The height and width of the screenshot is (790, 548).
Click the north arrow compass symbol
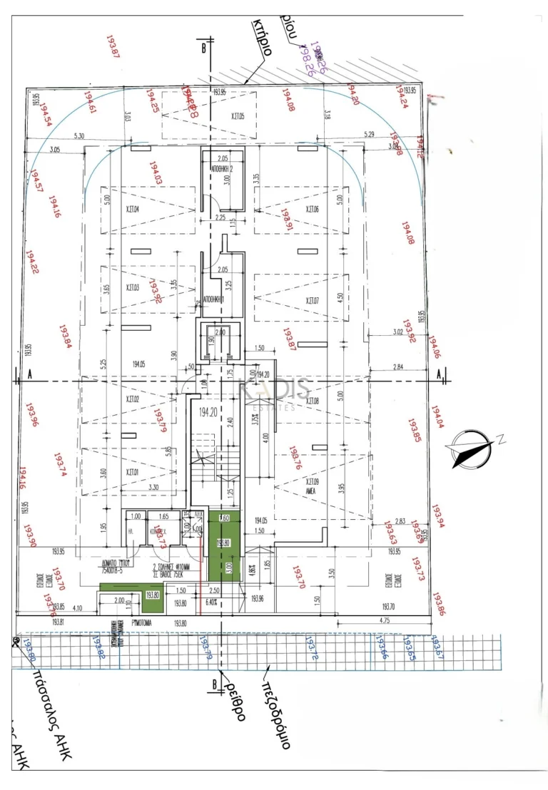coord(469,446)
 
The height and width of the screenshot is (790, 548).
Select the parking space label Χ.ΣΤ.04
coord(132,210)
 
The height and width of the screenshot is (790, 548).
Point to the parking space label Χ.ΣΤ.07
coord(312,301)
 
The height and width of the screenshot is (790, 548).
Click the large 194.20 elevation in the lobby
coord(208,412)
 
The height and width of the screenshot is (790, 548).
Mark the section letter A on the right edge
coord(438,374)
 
